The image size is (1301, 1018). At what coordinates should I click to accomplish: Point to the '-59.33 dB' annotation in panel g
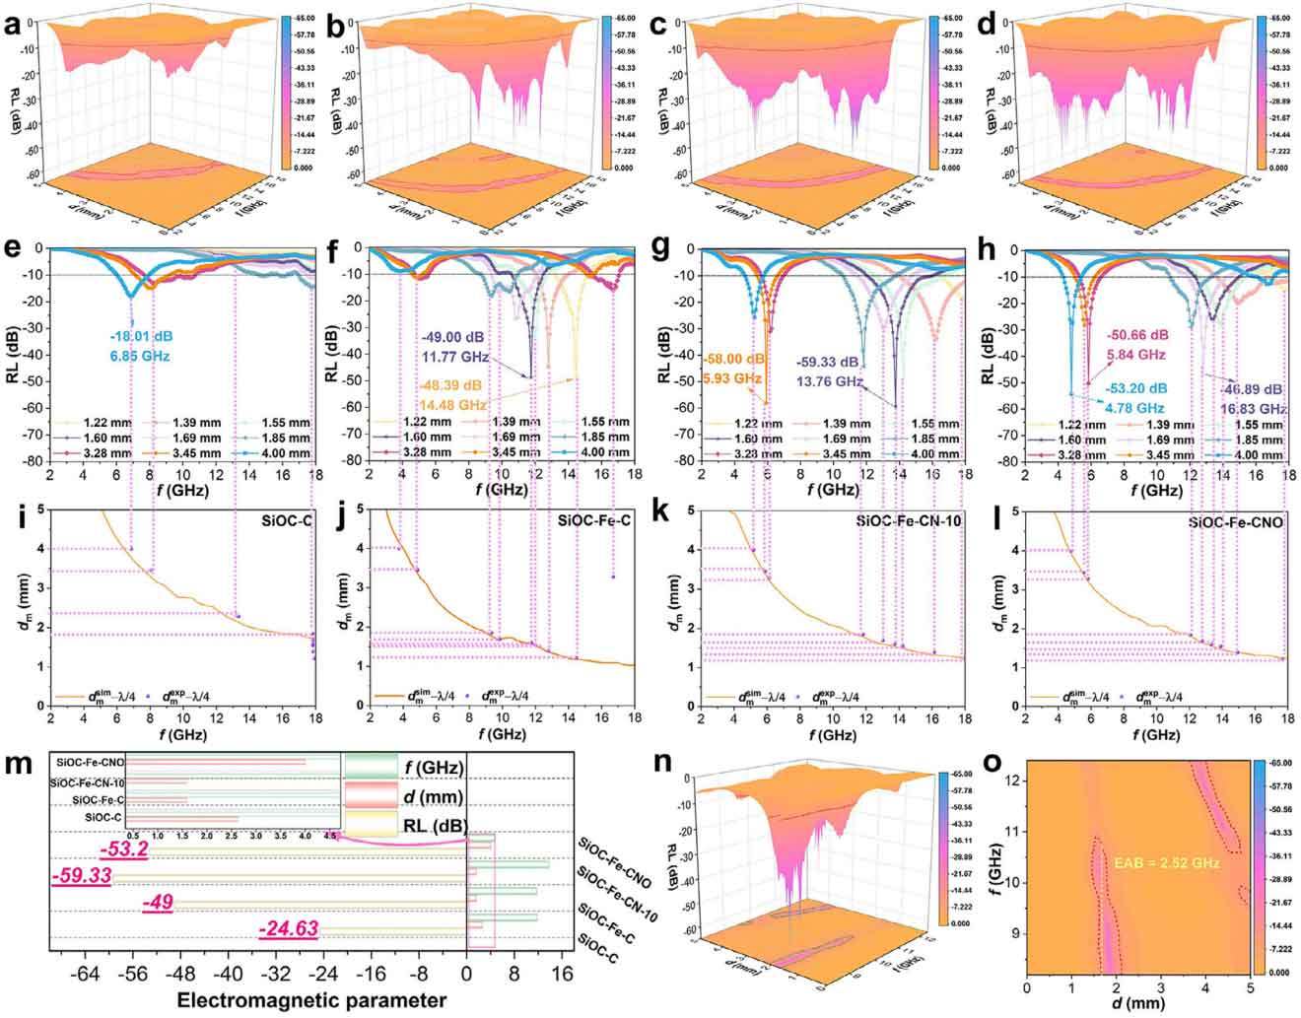tap(828, 362)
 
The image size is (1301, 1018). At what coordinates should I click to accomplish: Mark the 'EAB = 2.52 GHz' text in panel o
tap(1167, 862)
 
